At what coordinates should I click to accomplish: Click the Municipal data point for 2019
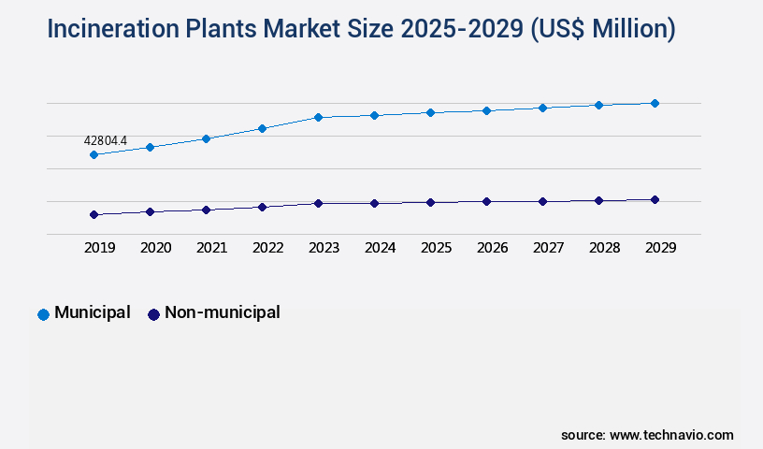tap(94, 154)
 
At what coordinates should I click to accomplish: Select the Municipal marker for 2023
tap(318, 117)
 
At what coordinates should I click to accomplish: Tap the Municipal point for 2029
tap(655, 103)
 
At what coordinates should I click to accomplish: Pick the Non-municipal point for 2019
tap(94, 214)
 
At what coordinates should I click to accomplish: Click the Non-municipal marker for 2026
tap(486, 201)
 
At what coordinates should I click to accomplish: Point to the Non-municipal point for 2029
tap(655, 199)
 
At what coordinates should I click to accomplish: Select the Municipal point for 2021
tap(206, 138)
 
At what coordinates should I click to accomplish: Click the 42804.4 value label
tap(105, 141)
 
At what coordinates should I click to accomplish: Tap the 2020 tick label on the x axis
tap(155, 248)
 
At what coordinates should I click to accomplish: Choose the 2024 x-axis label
tap(380, 248)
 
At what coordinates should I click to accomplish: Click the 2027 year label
tap(548, 248)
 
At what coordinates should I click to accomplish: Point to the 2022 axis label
tap(267, 248)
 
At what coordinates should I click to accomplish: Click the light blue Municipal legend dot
tap(43, 314)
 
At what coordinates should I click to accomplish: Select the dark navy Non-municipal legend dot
tap(153, 314)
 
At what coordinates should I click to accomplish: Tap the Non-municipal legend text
tap(222, 313)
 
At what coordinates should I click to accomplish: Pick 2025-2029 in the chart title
tap(462, 29)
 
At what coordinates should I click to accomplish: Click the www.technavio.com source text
tap(671, 435)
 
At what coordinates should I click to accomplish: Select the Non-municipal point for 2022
tap(262, 207)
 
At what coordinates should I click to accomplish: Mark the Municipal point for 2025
tap(430, 112)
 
